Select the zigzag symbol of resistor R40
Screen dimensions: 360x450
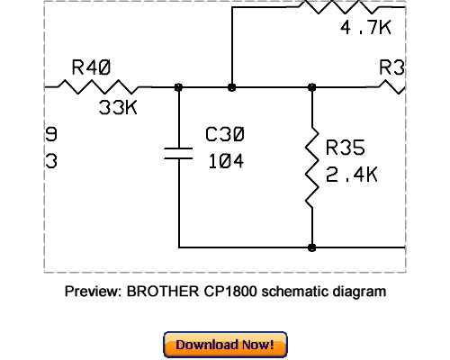pyautogui.click(x=96, y=87)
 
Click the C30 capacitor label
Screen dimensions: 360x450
pyautogui.click(x=226, y=136)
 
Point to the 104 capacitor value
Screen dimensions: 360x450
pyautogui.click(x=226, y=163)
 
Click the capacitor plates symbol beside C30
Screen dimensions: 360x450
pyautogui.click(x=179, y=150)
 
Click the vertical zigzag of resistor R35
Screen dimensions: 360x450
pyautogui.click(x=312, y=166)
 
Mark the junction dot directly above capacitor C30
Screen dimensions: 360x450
pyautogui.click(x=179, y=87)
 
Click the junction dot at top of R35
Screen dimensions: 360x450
pyautogui.click(x=312, y=87)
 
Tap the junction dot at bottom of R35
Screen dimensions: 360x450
pyautogui.click(x=312, y=247)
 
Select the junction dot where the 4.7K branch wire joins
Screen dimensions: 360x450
pyautogui.click(x=232, y=87)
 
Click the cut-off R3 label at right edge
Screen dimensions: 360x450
pyautogui.click(x=392, y=67)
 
